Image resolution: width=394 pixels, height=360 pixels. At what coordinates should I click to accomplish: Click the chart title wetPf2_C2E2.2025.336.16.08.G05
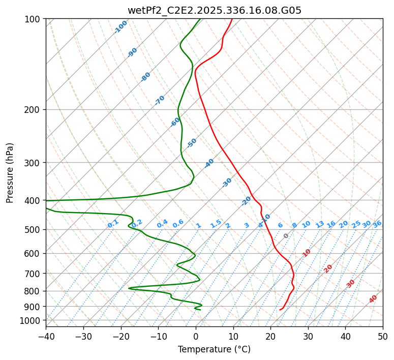(214, 10)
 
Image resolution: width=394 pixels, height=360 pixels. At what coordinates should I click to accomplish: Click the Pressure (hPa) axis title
(10, 172)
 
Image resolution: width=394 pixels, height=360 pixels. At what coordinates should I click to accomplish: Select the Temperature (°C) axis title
(214, 350)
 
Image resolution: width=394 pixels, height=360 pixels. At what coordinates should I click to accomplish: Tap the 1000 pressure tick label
(30, 320)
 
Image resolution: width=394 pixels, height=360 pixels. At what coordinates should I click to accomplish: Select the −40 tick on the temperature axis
(46, 337)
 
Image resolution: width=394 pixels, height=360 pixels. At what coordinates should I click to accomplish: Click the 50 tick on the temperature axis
(383, 337)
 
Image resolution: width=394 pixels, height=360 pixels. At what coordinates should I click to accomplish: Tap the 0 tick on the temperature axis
(196, 337)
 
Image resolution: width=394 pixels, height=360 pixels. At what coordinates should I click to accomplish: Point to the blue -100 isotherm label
(121, 27)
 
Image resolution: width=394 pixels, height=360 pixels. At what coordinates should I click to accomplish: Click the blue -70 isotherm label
(160, 100)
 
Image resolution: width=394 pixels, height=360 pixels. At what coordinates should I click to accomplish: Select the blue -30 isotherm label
(227, 183)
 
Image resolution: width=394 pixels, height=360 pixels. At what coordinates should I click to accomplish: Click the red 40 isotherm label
(373, 299)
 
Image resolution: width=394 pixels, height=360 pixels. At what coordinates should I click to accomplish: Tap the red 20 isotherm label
(328, 268)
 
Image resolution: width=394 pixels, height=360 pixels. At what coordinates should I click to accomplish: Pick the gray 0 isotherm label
(286, 236)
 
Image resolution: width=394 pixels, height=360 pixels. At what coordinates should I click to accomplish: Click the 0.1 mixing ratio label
(113, 224)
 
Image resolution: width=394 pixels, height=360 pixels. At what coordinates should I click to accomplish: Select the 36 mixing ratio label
(377, 224)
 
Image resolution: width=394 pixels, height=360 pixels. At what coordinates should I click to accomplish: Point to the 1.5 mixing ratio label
(216, 223)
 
